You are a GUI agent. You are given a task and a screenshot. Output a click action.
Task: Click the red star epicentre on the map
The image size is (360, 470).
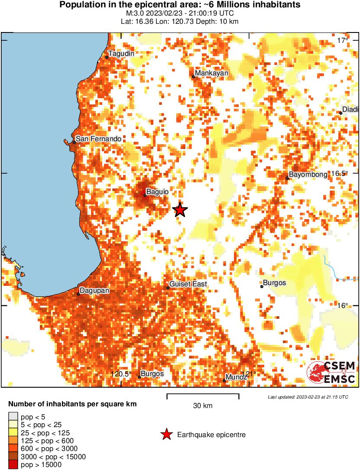[180, 210]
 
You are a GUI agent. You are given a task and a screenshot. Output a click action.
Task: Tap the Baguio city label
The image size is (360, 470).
[157, 191]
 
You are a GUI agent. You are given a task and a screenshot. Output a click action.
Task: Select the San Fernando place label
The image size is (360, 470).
[99, 139]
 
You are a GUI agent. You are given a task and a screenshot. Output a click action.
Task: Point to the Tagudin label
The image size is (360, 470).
[121, 54]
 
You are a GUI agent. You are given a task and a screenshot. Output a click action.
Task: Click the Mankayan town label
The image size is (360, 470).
[211, 73]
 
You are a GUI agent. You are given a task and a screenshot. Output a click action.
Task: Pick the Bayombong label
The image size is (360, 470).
[308, 175]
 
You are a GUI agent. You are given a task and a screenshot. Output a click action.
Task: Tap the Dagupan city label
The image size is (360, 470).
[95, 291]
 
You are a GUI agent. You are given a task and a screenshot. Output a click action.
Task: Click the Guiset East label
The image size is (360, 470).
[188, 284]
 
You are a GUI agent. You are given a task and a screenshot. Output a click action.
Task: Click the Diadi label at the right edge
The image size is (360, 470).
[350, 109]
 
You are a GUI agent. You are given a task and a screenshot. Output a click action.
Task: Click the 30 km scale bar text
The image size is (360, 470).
[203, 406]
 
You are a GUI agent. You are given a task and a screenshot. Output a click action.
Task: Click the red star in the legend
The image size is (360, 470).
[166, 434]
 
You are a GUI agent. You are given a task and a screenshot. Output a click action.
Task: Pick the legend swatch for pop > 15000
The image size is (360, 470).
[13, 465]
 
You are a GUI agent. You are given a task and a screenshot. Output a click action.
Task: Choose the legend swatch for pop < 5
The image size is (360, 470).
[13, 417]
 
